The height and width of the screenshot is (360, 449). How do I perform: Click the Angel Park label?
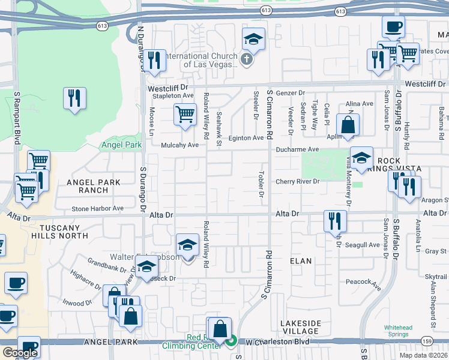click(121, 145)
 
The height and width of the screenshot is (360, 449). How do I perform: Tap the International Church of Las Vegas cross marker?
click(247, 59)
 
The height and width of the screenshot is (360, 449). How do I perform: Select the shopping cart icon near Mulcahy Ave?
click(185, 114)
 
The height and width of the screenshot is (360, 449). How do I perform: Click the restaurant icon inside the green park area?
click(74, 98)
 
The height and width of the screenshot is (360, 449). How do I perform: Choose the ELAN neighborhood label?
click(301, 261)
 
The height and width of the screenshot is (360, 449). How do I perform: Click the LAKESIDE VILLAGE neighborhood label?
click(301, 327)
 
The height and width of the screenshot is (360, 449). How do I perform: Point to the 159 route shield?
click(427, 341)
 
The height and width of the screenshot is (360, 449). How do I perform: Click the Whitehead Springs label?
click(398, 331)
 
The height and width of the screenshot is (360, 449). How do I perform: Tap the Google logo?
click(19, 353)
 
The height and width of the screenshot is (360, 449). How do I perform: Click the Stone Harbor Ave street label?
click(97, 209)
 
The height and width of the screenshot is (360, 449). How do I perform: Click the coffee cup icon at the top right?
click(393, 26)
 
